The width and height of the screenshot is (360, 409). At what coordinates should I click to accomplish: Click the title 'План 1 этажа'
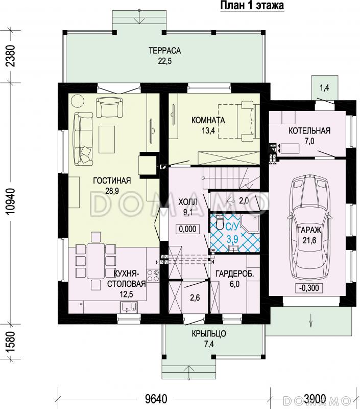click(x=252, y=6)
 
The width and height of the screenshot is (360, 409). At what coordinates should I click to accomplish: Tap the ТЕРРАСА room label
click(x=164, y=50)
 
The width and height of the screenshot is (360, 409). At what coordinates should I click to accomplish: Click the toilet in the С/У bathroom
click(x=221, y=222)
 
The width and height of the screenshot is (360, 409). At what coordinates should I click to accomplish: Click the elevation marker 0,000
click(x=188, y=229)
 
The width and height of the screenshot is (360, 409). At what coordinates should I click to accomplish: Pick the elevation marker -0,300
click(x=309, y=288)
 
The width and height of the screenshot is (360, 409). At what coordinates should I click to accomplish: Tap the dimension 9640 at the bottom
click(x=156, y=399)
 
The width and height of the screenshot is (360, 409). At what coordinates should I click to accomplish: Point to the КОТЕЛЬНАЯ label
click(x=309, y=131)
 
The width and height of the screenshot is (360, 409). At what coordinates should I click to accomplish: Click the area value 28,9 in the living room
click(x=112, y=191)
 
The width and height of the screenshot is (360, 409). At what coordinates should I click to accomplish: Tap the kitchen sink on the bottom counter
click(x=128, y=307)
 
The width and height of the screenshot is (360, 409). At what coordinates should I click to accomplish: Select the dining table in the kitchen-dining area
click(x=95, y=261)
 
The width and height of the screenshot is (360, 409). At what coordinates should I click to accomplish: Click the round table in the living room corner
click(x=78, y=101)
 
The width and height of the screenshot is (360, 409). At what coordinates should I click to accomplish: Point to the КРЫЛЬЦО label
click(x=209, y=334)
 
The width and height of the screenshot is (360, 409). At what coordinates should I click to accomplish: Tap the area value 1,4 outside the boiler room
click(x=324, y=87)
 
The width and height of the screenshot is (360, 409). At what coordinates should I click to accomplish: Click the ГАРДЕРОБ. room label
click(x=235, y=274)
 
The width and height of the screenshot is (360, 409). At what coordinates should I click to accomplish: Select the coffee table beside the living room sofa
click(x=107, y=139)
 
